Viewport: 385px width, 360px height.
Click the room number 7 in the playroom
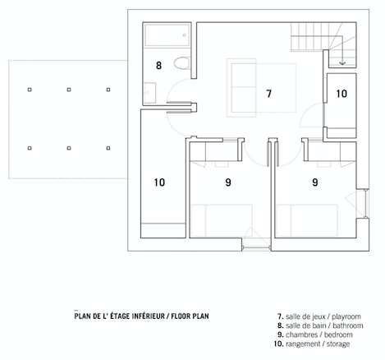269,94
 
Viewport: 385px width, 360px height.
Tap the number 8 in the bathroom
158,66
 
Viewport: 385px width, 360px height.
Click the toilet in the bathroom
182,63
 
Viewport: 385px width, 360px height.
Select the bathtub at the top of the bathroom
167,35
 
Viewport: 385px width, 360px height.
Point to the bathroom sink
149,93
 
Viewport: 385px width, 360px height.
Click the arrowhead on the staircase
342,63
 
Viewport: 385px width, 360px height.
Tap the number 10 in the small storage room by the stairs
341,94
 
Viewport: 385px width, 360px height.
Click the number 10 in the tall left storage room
159,182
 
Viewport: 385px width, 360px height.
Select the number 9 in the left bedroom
228,182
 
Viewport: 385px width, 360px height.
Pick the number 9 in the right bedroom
315,182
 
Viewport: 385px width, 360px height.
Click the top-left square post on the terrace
30,90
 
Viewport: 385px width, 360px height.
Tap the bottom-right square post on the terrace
108,148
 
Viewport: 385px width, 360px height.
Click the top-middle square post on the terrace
69,90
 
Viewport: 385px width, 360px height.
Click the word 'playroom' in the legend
346,316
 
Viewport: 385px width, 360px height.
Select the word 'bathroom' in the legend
348,325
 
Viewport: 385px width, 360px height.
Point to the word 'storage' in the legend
338,344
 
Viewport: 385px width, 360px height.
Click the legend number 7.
281,316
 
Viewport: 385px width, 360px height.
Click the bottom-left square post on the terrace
30,148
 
